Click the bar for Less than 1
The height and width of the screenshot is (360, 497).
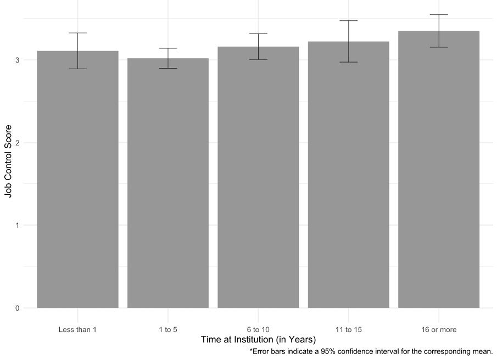click(77, 181)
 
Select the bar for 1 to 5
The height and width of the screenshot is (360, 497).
click(168, 184)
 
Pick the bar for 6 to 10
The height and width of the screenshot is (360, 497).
click(258, 178)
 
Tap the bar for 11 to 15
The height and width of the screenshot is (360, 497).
click(348, 176)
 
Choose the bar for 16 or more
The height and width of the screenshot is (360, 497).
click(439, 170)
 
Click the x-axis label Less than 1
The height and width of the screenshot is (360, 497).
click(77, 330)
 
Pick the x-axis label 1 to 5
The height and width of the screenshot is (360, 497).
click(168, 330)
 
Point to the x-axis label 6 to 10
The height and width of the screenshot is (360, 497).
click(258, 330)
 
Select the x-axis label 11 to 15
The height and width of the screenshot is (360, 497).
click(348, 330)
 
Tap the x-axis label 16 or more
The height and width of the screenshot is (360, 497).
click(439, 330)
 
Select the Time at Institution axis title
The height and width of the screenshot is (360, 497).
click(258, 341)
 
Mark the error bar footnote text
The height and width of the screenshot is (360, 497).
click(371, 352)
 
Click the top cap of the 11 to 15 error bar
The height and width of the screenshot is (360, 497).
click(348, 21)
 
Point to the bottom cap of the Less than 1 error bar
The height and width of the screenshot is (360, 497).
click(77, 69)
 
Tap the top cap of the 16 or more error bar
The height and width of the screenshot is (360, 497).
click(439, 15)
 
